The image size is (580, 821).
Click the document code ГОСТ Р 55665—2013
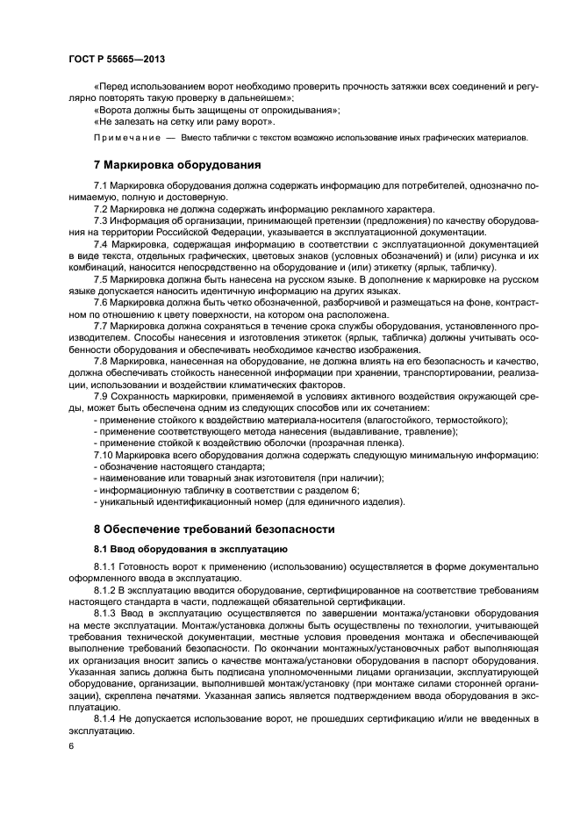[x=116, y=59]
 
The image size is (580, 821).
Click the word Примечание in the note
[x=126, y=138]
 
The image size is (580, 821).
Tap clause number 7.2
[x=101, y=210]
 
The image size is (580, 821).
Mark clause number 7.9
[x=101, y=397]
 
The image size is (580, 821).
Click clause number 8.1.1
[x=105, y=567]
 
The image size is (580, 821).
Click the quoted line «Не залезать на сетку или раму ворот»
[x=179, y=122]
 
